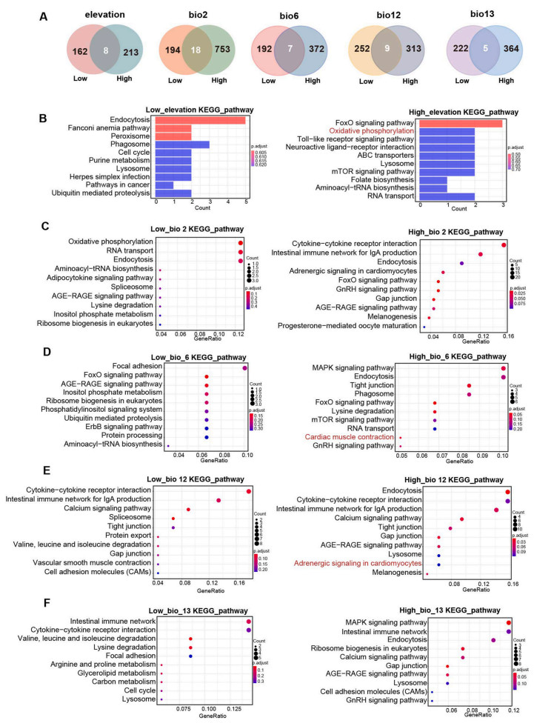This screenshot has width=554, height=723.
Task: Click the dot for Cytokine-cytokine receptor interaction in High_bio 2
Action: pyautogui.click(x=504, y=245)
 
